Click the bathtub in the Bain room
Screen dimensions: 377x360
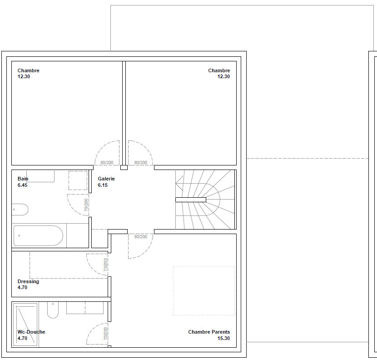[38, 235]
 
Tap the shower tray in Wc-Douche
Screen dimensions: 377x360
[25, 325]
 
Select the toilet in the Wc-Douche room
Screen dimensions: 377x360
[53, 310]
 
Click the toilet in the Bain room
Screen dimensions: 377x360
[20, 210]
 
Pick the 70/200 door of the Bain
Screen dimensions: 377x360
[78, 205]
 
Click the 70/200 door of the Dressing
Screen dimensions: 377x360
[97, 265]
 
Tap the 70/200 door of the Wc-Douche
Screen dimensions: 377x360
[97, 334]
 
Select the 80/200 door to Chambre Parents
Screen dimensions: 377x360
[140, 246]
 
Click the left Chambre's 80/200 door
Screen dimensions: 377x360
[107, 153]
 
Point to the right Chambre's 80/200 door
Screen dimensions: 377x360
[140, 153]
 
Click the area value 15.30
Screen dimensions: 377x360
[223, 338]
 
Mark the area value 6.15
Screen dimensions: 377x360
[103, 185]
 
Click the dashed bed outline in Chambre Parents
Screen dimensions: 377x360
[204, 290]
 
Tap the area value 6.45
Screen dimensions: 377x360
[22, 185]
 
